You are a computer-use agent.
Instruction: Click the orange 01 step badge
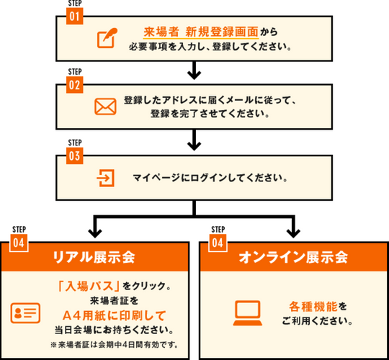[74, 16]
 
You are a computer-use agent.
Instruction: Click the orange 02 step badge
[74, 85]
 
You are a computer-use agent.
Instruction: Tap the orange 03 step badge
[74, 156]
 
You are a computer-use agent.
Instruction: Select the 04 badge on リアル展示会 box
[19, 243]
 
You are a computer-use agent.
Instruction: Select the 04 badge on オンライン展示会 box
[218, 243]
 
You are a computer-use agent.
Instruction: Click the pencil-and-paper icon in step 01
[107, 38]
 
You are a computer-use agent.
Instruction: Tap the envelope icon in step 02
[105, 107]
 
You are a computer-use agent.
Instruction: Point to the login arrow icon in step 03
[105, 178]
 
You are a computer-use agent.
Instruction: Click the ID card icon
[25, 313]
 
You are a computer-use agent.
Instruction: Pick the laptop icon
[248, 313]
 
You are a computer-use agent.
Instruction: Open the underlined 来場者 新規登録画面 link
[201, 32]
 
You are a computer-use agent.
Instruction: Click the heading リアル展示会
[94, 257]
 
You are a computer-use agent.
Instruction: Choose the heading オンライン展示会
[293, 257]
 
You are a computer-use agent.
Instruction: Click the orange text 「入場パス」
[89, 286]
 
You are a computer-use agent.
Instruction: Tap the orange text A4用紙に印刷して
[115, 315]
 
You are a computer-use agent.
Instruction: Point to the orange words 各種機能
[313, 307]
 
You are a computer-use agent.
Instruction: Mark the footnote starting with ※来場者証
[114, 345]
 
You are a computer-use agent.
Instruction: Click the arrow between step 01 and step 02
[194, 71]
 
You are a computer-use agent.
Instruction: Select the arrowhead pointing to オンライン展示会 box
[293, 233]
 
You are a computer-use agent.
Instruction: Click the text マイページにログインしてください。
[210, 178]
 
